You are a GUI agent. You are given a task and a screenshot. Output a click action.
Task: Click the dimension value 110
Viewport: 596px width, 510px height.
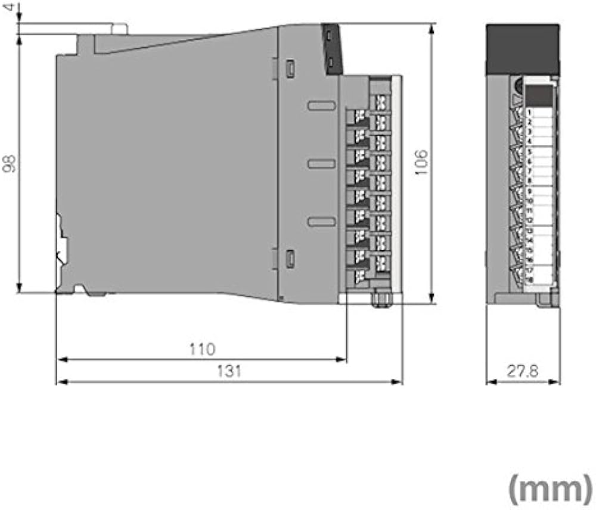(x=202, y=349)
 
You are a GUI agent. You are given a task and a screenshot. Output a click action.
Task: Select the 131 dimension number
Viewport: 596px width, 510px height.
(x=229, y=371)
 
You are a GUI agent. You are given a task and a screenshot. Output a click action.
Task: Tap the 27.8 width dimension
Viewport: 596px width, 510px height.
(x=523, y=371)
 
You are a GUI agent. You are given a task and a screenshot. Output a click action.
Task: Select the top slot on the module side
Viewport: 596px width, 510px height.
(x=321, y=106)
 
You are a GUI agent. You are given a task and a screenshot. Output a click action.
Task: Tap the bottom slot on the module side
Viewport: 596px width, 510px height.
(x=321, y=222)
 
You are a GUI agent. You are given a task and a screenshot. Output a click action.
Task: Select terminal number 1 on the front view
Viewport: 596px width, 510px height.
(x=529, y=112)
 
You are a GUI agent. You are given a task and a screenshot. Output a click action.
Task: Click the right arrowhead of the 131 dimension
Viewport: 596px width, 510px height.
(x=399, y=382)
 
